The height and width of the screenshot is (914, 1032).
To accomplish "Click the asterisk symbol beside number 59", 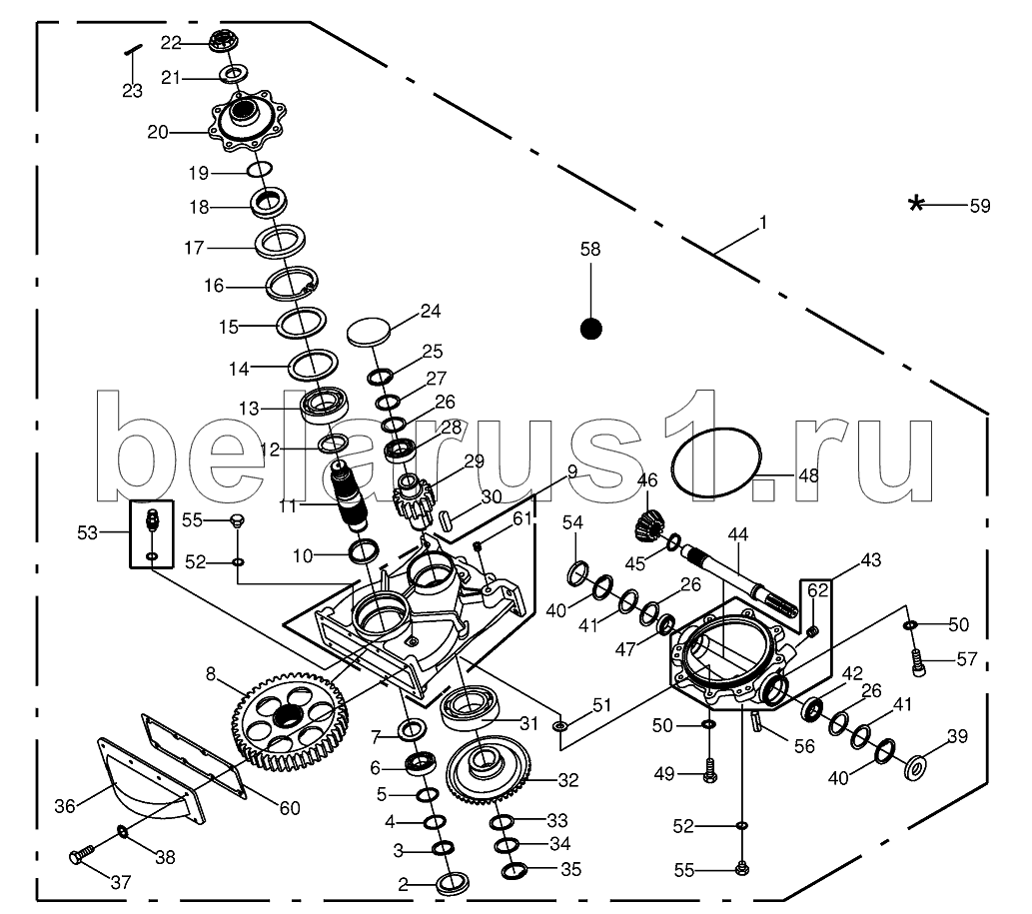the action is click(915, 204).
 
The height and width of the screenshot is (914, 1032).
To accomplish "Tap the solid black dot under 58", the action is click(591, 329).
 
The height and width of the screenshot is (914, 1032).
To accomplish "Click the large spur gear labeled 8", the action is click(290, 720).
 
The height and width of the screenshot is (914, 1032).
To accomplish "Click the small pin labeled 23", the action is click(134, 49).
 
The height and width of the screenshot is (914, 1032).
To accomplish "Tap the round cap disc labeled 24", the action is click(369, 331).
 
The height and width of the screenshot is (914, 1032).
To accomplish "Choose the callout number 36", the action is click(65, 806).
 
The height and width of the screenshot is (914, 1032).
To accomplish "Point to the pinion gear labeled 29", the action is click(415, 500).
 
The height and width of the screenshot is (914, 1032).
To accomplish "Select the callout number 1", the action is click(763, 223).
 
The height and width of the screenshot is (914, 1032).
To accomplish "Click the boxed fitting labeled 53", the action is click(152, 533).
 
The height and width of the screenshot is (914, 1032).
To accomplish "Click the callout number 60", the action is click(290, 808).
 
